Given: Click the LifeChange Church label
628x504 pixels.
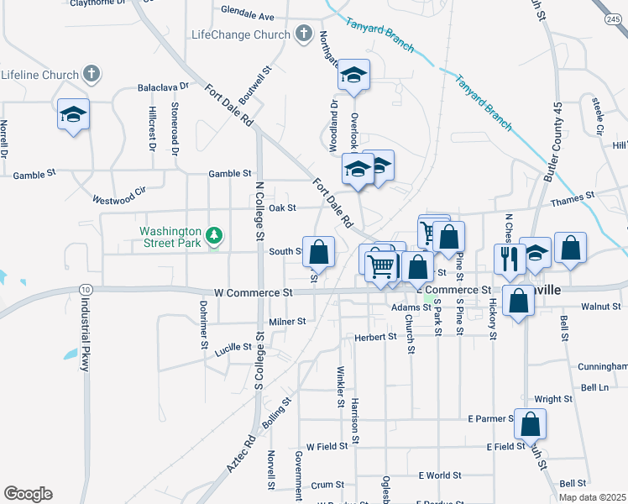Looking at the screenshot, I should [240, 34].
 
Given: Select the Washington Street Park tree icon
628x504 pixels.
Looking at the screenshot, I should [215, 236].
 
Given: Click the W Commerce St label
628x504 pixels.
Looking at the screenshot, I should [253, 292].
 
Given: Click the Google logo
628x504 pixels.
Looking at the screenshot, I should [28, 494].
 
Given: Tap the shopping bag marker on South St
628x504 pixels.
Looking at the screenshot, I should [318, 251].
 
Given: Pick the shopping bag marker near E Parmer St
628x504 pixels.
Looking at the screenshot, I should [530, 423].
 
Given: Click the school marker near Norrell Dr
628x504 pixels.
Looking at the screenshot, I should [73, 114].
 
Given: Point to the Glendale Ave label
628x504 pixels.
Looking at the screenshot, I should [248, 14].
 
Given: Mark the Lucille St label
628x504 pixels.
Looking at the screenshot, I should [233, 348].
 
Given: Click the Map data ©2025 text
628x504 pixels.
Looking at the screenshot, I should [593, 497].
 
